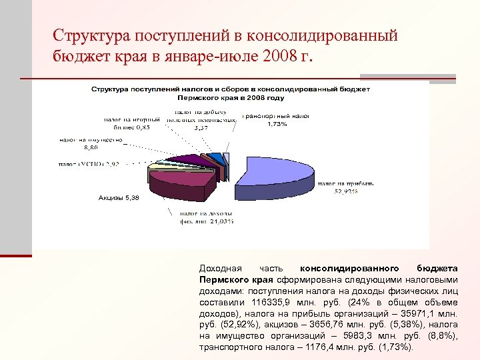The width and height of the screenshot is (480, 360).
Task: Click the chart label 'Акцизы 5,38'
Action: [119, 198]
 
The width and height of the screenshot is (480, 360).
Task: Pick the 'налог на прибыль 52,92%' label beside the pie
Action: [346, 187]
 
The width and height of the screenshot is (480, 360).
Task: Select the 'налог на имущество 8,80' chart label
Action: [92, 143]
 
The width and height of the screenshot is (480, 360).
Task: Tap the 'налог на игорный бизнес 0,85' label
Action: [129, 123]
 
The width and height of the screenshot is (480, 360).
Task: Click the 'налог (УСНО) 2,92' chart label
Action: [89, 163]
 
